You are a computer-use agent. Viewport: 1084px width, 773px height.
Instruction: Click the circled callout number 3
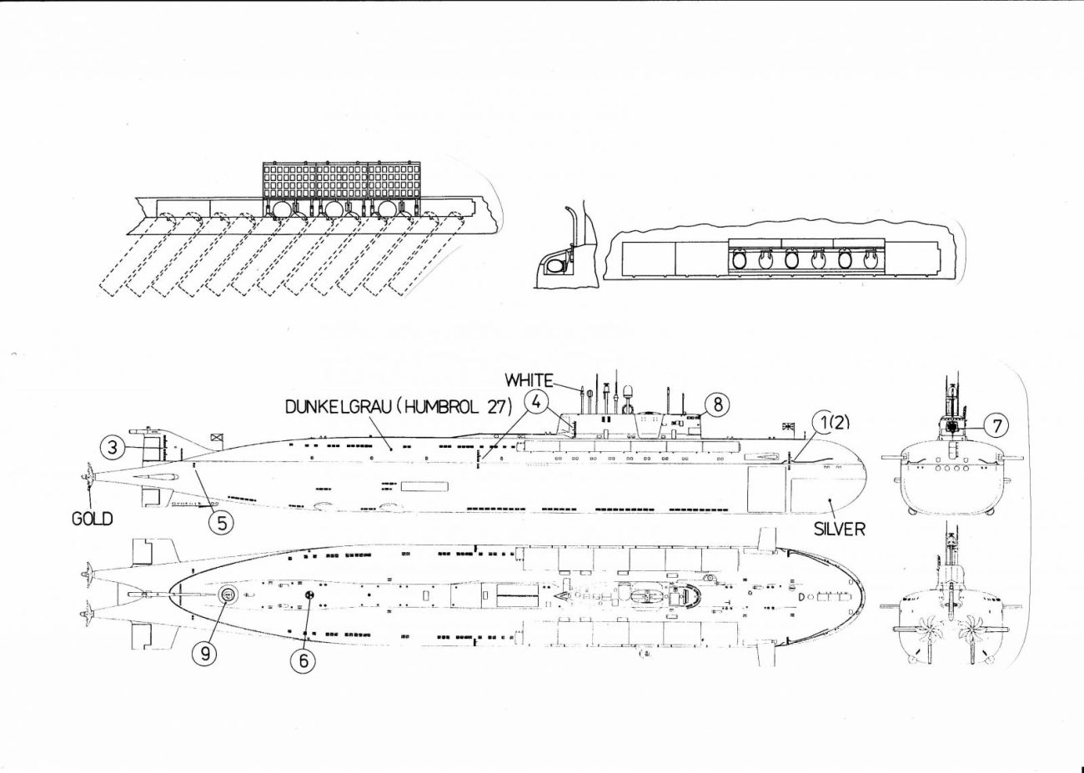click(113, 447)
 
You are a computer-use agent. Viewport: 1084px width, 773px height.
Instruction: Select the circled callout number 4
click(534, 402)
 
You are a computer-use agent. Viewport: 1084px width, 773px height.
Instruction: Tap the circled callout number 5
click(221, 523)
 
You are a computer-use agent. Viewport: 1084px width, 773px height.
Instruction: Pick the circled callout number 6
click(303, 660)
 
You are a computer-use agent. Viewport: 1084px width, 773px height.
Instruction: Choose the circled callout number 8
click(717, 404)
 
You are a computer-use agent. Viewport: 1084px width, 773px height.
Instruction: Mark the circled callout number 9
click(204, 654)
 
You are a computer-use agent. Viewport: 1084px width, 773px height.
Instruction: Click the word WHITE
click(529, 380)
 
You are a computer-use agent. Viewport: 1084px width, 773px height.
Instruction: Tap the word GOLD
click(92, 519)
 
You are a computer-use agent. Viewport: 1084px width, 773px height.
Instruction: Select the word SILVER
click(839, 529)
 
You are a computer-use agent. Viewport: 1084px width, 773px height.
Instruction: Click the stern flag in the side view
click(216, 436)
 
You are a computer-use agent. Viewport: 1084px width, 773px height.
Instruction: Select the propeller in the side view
click(88, 476)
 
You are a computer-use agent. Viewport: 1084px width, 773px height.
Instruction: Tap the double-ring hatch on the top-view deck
click(227, 594)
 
